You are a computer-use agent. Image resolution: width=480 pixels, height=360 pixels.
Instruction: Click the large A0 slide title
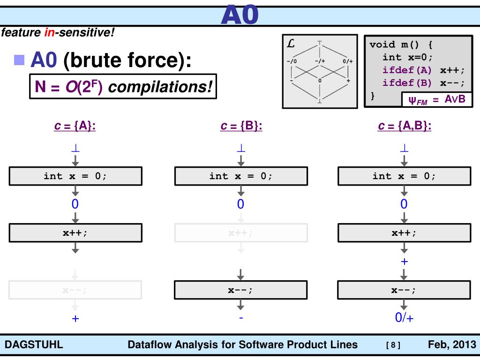(x=240, y=14)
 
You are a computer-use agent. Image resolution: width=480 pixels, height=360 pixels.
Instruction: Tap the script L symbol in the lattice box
(x=291, y=44)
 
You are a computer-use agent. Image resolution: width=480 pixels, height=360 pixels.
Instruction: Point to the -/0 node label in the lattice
(x=292, y=61)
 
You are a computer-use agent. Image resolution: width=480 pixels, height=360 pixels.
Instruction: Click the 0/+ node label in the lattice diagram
(x=347, y=61)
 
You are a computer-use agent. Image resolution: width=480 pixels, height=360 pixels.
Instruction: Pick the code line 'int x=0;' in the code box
(x=407, y=57)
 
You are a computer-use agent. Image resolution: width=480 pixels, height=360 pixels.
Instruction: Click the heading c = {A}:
(x=75, y=127)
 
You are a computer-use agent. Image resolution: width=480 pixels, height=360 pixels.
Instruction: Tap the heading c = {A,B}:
(x=404, y=127)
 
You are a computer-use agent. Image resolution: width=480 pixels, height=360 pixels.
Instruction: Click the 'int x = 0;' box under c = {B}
(x=241, y=176)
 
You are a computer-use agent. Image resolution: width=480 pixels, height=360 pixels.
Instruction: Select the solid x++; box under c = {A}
(x=75, y=232)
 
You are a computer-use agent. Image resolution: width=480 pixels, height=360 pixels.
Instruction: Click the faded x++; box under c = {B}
(x=241, y=232)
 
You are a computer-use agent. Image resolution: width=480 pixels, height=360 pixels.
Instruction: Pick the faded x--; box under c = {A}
(x=75, y=290)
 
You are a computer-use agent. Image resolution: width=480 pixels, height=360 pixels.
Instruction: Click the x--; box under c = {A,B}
(x=404, y=290)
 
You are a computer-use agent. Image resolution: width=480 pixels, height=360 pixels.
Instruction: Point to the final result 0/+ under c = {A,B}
(x=404, y=318)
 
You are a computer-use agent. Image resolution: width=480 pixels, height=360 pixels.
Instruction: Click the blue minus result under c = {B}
(x=241, y=318)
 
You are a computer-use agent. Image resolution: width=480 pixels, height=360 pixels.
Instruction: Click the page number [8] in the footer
(x=392, y=346)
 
